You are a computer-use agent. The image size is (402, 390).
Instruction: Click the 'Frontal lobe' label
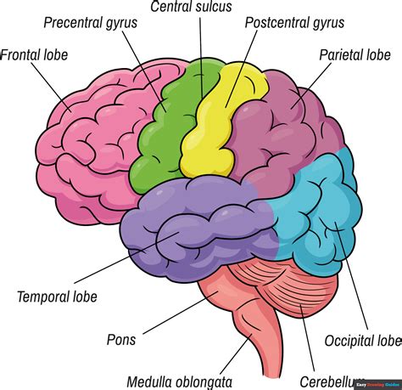click(34, 55)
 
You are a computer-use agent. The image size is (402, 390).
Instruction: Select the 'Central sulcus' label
click(191, 7)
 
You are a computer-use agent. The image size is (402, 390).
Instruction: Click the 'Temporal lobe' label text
click(57, 297)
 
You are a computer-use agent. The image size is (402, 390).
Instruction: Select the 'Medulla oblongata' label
click(179, 382)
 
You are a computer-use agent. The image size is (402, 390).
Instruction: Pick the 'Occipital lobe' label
click(363, 342)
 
